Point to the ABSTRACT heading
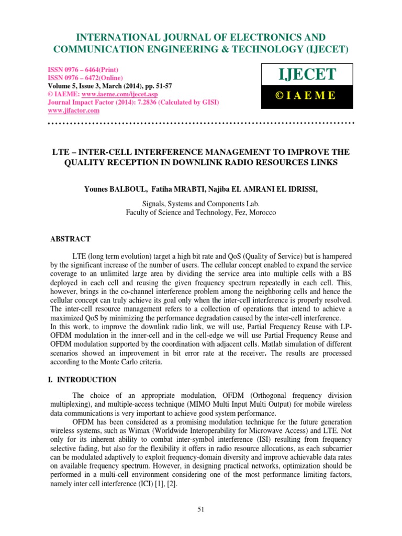coord(70,239)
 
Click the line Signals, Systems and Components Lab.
coord(201,204)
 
